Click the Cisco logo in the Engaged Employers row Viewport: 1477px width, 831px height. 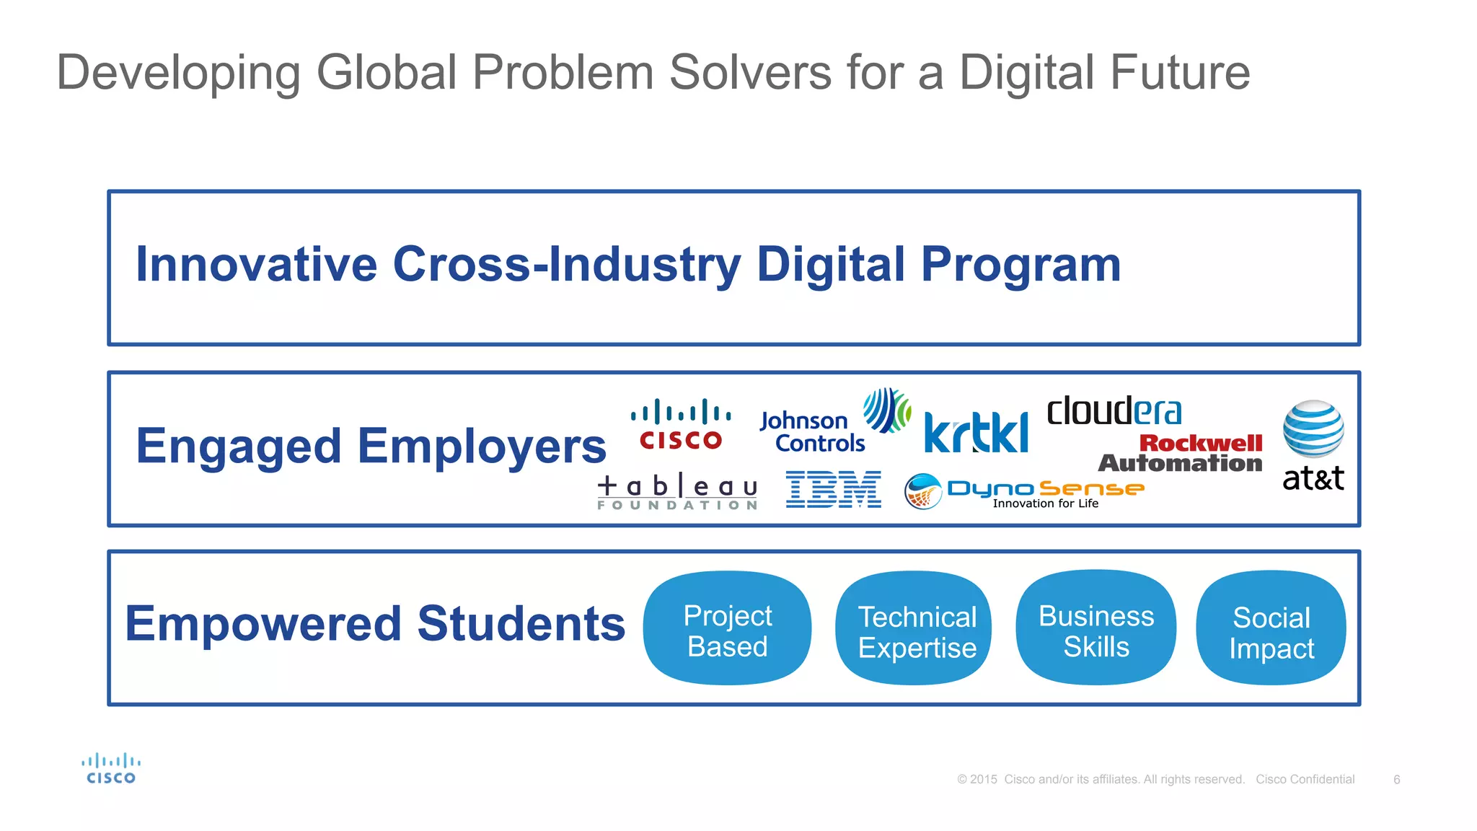point(681,424)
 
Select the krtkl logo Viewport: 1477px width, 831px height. point(976,433)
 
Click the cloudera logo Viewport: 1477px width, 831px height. point(1114,411)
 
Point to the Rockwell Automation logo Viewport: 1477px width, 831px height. point(1181,453)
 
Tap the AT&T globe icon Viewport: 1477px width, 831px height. point(1313,429)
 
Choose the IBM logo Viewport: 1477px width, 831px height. point(833,489)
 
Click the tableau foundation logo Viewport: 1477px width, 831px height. point(677,493)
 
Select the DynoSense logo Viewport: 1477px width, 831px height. point(1024,491)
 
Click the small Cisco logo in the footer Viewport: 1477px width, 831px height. point(111,769)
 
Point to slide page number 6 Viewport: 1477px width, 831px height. point(1396,780)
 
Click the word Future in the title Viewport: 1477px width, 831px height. point(1176,73)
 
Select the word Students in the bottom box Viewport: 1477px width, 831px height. point(521,624)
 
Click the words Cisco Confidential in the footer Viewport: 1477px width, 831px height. point(1305,780)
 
